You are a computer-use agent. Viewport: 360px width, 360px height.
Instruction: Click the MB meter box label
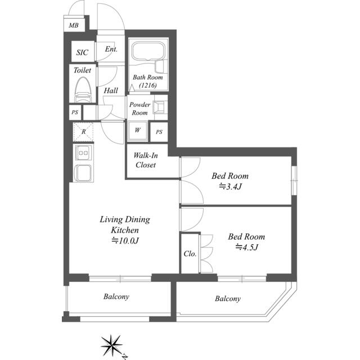point(74,25)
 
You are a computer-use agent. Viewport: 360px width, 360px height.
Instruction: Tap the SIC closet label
point(82,52)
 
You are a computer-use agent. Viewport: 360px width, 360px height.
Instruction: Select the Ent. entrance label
point(111,49)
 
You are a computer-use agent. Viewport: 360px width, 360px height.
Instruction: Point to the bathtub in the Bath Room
point(148,51)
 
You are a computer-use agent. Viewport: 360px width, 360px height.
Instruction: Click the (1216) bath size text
point(148,85)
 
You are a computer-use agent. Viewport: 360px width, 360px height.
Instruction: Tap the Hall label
point(111,91)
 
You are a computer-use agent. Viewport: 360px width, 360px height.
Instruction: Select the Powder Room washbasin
point(159,107)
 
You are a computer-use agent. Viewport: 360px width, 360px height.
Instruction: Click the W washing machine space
point(137,131)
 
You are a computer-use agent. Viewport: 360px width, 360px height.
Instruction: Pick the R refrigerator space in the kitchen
point(83,132)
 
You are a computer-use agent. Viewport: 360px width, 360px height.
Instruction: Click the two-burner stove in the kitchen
point(83,152)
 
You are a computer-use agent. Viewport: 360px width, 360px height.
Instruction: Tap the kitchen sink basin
point(83,173)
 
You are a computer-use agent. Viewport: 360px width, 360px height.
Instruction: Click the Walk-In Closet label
point(146,160)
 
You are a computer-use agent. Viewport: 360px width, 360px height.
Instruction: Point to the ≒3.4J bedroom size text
point(230,186)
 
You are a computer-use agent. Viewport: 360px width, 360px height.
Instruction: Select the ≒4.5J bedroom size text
point(246,247)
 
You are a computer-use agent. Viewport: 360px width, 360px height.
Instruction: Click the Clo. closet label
point(190,254)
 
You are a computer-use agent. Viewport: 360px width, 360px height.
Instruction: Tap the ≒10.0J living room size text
point(125,240)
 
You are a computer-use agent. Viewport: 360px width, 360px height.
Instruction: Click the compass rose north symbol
point(112,345)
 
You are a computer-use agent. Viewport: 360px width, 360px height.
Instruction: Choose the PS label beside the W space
point(159,132)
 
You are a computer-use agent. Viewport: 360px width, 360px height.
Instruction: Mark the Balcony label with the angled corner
point(228,299)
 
